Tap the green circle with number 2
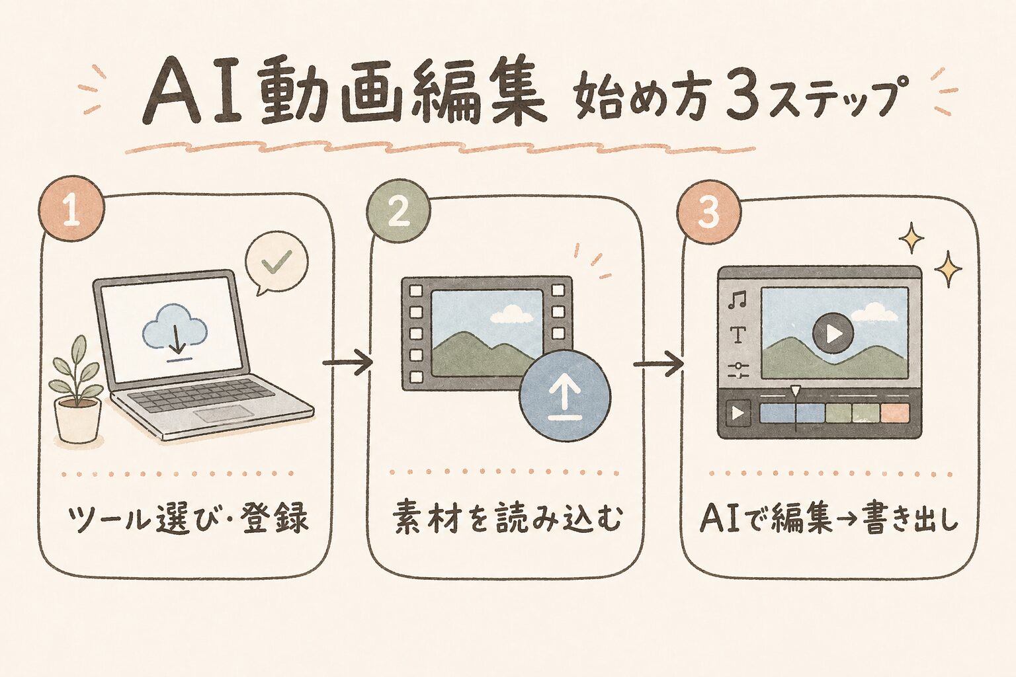pos(398,212)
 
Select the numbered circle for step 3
pos(708,214)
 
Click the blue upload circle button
pos(565,397)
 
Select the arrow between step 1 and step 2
pos(347,362)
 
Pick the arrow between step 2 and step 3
pos(658,364)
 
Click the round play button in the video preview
pos(833,333)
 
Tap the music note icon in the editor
pos(736,301)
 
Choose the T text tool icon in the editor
pos(738,336)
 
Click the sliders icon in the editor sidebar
pos(738,371)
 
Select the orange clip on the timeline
pos(895,414)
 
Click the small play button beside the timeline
pos(738,414)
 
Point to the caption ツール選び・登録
pos(188,518)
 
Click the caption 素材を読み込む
pos(507,518)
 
